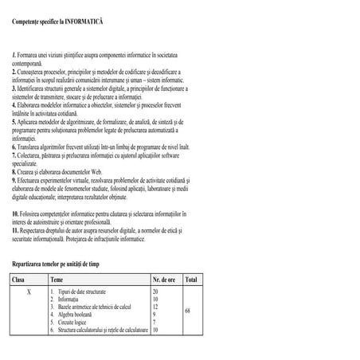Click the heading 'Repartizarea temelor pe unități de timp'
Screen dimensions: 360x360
point(61,263)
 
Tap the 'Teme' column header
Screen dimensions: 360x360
point(57,280)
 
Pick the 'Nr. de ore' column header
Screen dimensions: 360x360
point(165,280)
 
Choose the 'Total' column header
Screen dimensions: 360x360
point(190,280)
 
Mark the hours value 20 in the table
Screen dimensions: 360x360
point(155,292)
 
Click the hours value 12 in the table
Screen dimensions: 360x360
point(155,307)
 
